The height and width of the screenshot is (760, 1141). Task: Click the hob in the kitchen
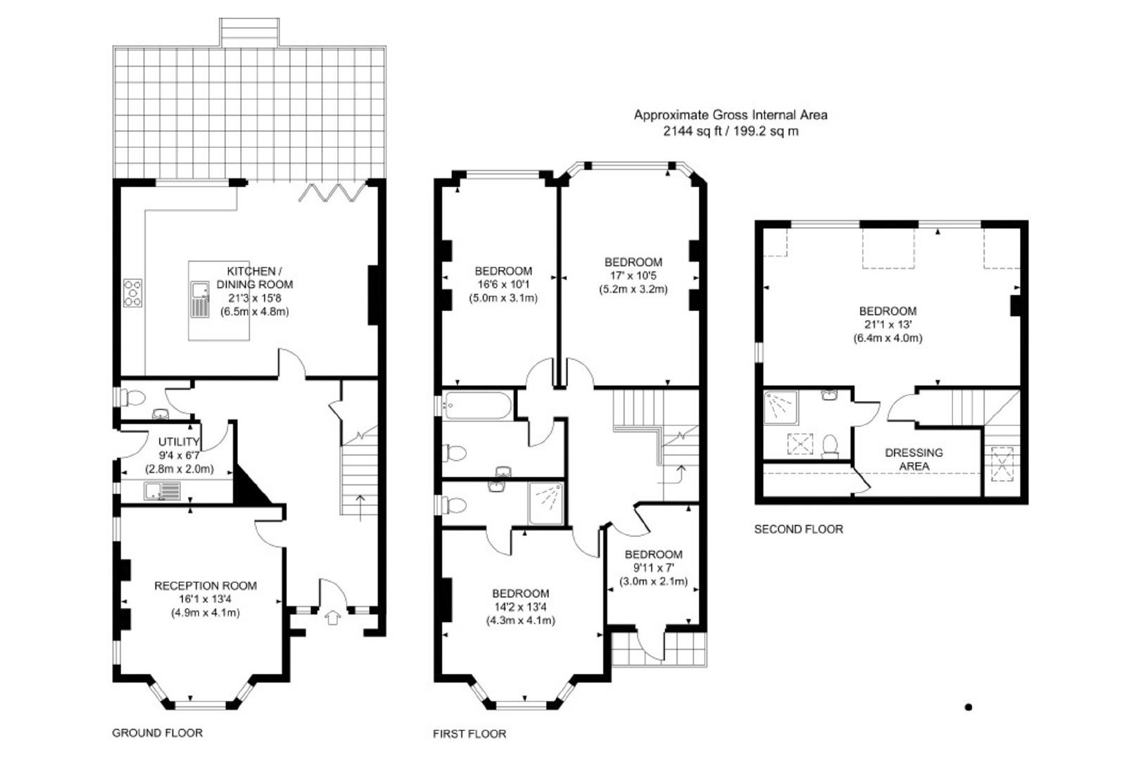pos(132,293)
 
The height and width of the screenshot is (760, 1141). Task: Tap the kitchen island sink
pos(200,300)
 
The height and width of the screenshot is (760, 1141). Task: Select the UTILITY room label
pos(178,442)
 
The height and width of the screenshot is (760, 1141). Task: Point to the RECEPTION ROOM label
pos(206,585)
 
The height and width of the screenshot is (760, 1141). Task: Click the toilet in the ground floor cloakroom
pos(134,398)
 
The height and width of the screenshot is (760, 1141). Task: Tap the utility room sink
pos(162,491)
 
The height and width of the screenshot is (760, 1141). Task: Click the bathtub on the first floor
pos(477,405)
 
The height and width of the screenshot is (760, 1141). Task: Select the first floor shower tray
pos(546,503)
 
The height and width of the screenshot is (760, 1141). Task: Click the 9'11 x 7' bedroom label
pos(653,568)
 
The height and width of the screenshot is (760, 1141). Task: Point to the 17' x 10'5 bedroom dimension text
pos(633,276)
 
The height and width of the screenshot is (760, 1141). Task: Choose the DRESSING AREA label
pos(914,459)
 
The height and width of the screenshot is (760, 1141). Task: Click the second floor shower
pos(781,407)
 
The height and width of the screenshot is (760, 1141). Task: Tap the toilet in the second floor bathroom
pos(831,446)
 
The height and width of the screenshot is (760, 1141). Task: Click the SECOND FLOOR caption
pos(799,529)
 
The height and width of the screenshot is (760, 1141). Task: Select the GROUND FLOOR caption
pos(158,733)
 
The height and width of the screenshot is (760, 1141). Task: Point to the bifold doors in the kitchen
pos(332,192)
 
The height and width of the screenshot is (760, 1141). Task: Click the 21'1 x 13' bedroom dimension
pos(888,324)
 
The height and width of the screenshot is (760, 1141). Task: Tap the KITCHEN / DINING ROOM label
pos(254,278)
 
